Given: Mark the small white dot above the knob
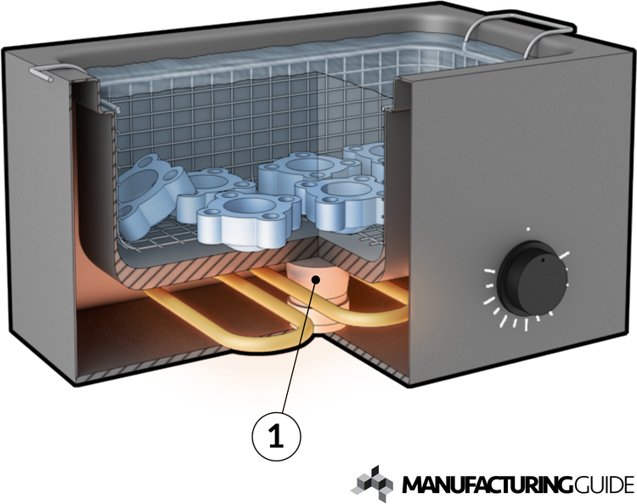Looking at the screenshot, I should [x=528, y=229].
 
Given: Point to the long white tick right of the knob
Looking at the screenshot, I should [x=567, y=253].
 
